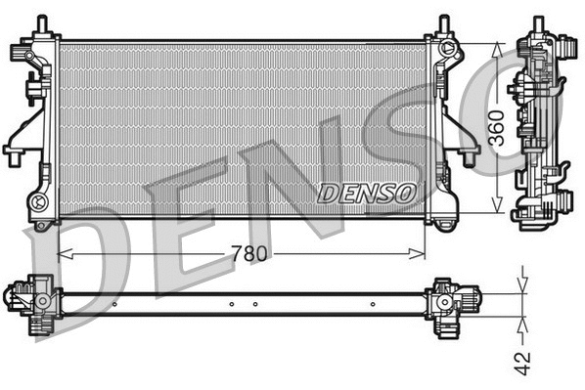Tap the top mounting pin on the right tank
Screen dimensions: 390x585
(x=443, y=22)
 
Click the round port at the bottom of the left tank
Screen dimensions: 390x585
(x=40, y=202)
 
